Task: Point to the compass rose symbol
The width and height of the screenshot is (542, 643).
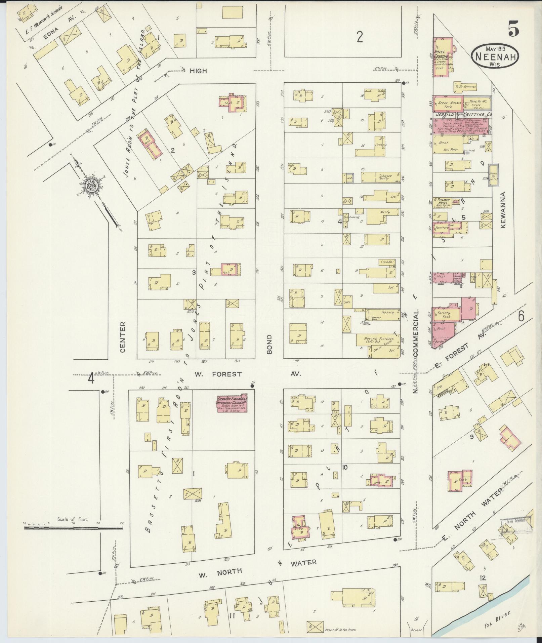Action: [91, 185]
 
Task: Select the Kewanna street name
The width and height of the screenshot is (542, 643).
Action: [503, 210]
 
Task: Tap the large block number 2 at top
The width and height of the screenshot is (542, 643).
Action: [360, 37]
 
